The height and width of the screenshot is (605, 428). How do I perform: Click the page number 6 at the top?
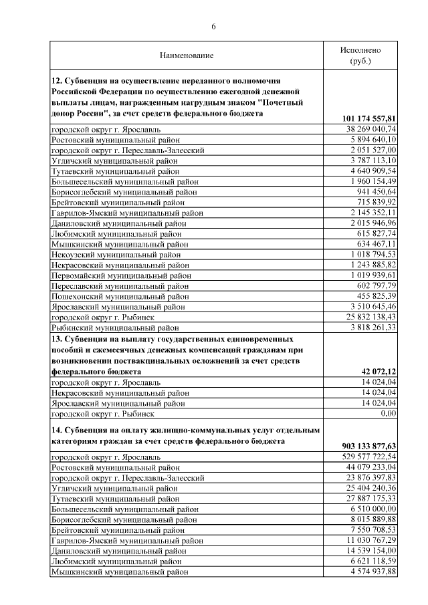click(214, 27)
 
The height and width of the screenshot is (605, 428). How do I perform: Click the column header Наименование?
click(187, 55)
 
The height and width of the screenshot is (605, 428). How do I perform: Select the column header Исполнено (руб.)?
click(360, 55)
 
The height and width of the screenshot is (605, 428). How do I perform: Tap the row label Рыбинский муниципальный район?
click(115, 328)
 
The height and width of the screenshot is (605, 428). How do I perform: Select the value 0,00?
click(388, 414)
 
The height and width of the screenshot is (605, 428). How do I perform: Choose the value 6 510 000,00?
click(374, 508)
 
